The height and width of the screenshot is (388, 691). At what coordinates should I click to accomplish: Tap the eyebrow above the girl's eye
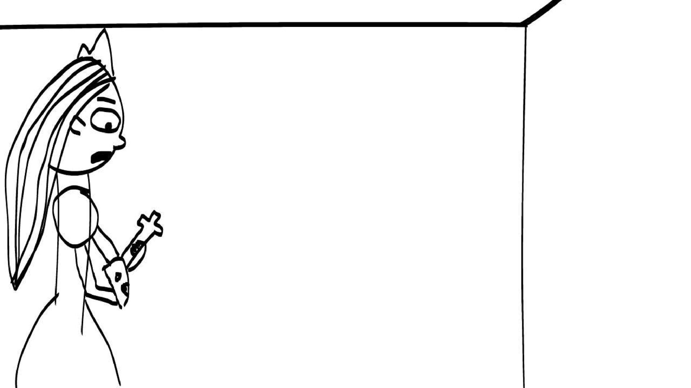[107, 101]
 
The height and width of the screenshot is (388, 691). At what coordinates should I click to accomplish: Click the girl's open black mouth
[101, 157]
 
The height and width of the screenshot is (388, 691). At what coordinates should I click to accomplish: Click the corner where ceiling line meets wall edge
[524, 24]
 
